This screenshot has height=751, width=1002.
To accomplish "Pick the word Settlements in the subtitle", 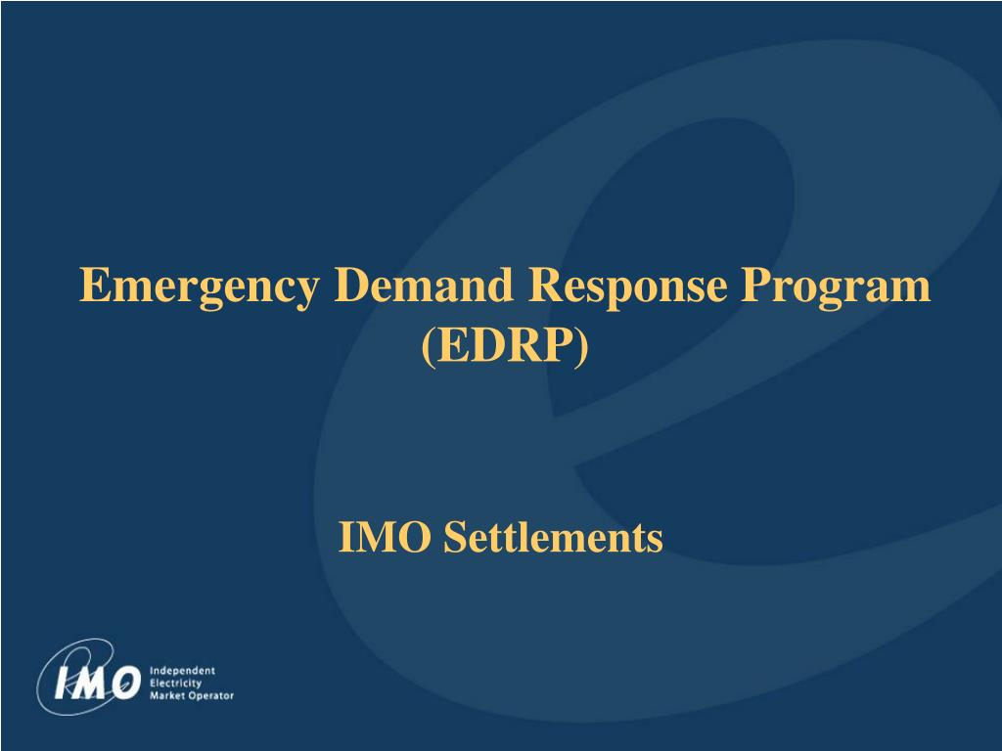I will [x=553, y=537].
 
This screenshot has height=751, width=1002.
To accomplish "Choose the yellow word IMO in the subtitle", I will [x=385, y=537].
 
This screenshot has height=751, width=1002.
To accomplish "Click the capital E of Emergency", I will [x=92, y=286].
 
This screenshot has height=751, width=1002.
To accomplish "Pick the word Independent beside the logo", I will [x=182, y=671].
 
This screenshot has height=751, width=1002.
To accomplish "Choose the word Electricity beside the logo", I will [x=176, y=683].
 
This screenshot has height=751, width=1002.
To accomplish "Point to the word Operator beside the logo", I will [x=209, y=695].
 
